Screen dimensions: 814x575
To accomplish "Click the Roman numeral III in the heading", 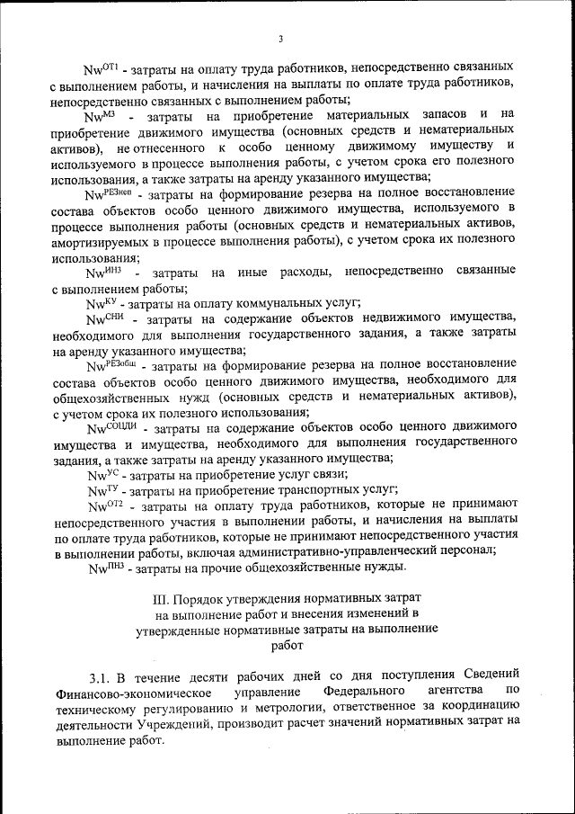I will [161, 598].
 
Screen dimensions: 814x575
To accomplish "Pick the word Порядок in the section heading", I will [201, 598].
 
